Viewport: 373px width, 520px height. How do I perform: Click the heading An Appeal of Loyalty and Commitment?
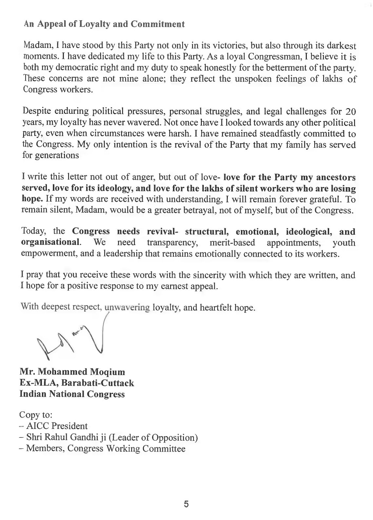[104, 24]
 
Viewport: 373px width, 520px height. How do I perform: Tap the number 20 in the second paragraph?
[351, 112]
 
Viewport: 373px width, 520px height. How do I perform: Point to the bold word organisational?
[51, 243]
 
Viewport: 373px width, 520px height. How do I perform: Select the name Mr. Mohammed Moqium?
[72, 372]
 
